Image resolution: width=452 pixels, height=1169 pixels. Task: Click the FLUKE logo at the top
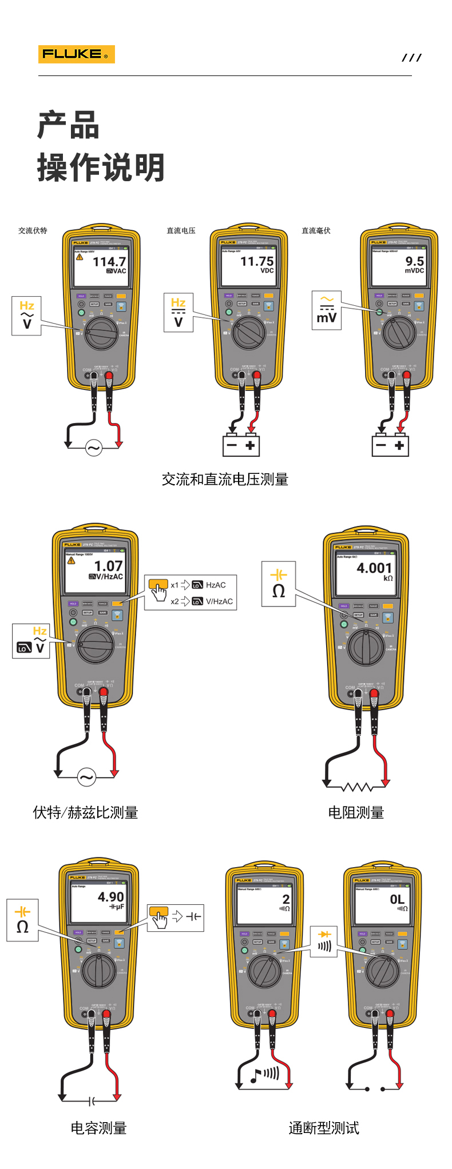coord(76,54)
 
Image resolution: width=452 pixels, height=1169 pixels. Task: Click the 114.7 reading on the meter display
coord(109,262)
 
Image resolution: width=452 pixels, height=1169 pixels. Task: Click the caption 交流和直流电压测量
coord(225,480)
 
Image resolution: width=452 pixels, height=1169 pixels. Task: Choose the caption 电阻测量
coord(356,812)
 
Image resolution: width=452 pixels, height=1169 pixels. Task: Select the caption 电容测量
coord(98,1128)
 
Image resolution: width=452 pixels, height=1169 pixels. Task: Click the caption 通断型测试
coord(324,1128)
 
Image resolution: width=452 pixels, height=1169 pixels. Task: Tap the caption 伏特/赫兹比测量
coord(85,812)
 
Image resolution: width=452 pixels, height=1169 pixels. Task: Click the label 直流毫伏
coord(316,231)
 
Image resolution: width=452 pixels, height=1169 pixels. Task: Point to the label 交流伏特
coord(33,231)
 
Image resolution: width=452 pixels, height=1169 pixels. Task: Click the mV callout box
coord(327,310)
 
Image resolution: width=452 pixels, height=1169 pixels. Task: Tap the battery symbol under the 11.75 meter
coord(241,445)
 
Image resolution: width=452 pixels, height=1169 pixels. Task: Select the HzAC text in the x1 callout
coord(216,585)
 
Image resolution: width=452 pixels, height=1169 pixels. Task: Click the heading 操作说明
coord(101,167)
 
